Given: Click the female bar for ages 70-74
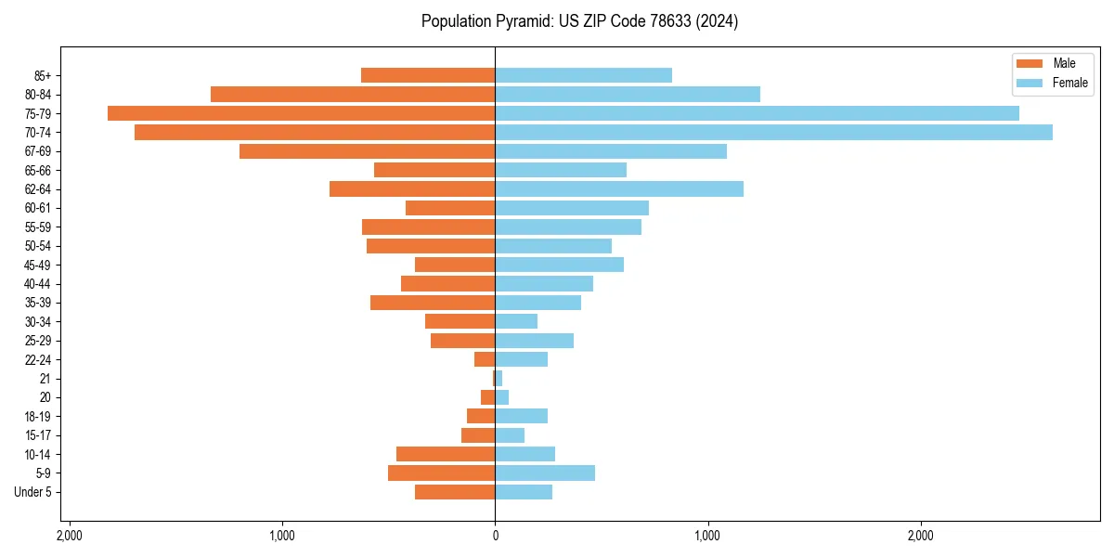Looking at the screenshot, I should [773, 133].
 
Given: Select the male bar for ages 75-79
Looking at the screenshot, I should [301, 113].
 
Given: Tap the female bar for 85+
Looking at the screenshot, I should [583, 75].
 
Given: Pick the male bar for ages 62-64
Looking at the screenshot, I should [412, 189].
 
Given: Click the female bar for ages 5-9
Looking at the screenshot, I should [545, 473].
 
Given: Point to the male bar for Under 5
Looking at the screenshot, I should [455, 492].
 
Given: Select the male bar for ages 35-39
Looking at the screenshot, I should [433, 303].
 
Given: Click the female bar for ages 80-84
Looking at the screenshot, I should [628, 95].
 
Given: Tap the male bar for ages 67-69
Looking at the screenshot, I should [367, 151].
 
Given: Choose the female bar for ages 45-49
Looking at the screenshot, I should [559, 265].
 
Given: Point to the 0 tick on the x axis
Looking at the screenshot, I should [495, 536].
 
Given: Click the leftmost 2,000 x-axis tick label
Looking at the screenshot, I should [69, 536].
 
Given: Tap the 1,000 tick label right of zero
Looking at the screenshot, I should [707, 536].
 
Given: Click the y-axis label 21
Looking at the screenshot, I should [45, 379].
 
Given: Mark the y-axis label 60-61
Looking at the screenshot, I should [38, 208].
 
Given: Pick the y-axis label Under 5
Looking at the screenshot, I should [33, 492].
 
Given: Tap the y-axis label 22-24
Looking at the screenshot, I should [38, 359].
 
